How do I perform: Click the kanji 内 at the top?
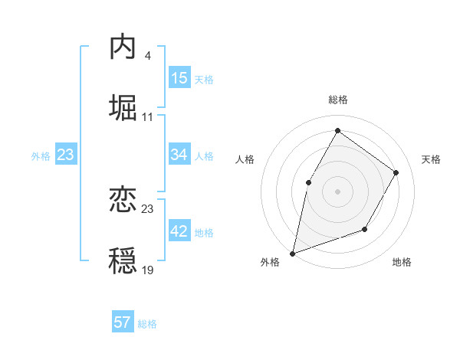[123, 47]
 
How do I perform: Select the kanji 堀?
[123, 108]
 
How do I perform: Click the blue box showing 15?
[179, 78]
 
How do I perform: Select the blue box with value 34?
[179, 155]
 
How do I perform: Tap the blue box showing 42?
[179, 231]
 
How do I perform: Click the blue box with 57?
[123, 322]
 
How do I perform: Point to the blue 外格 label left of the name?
[41, 156]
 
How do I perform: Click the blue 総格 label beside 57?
[147, 324]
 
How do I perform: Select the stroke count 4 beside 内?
[147, 55]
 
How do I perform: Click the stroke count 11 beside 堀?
[147, 116]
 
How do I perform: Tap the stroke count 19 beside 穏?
[147, 270]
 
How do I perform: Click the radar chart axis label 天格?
[431, 159]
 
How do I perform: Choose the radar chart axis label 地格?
[402, 262]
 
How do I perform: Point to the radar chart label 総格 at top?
[337, 100]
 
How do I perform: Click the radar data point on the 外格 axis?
[293, 253]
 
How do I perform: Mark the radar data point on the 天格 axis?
[396, 172]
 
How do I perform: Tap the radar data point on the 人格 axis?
[309, 182]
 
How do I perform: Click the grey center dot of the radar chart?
[337, 191]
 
